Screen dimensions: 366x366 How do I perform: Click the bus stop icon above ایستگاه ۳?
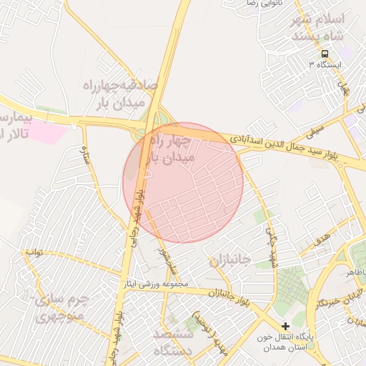click(325, 54)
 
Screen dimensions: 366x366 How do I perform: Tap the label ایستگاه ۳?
click(325, 65)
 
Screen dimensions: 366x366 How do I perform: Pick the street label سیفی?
click(315, 131)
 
